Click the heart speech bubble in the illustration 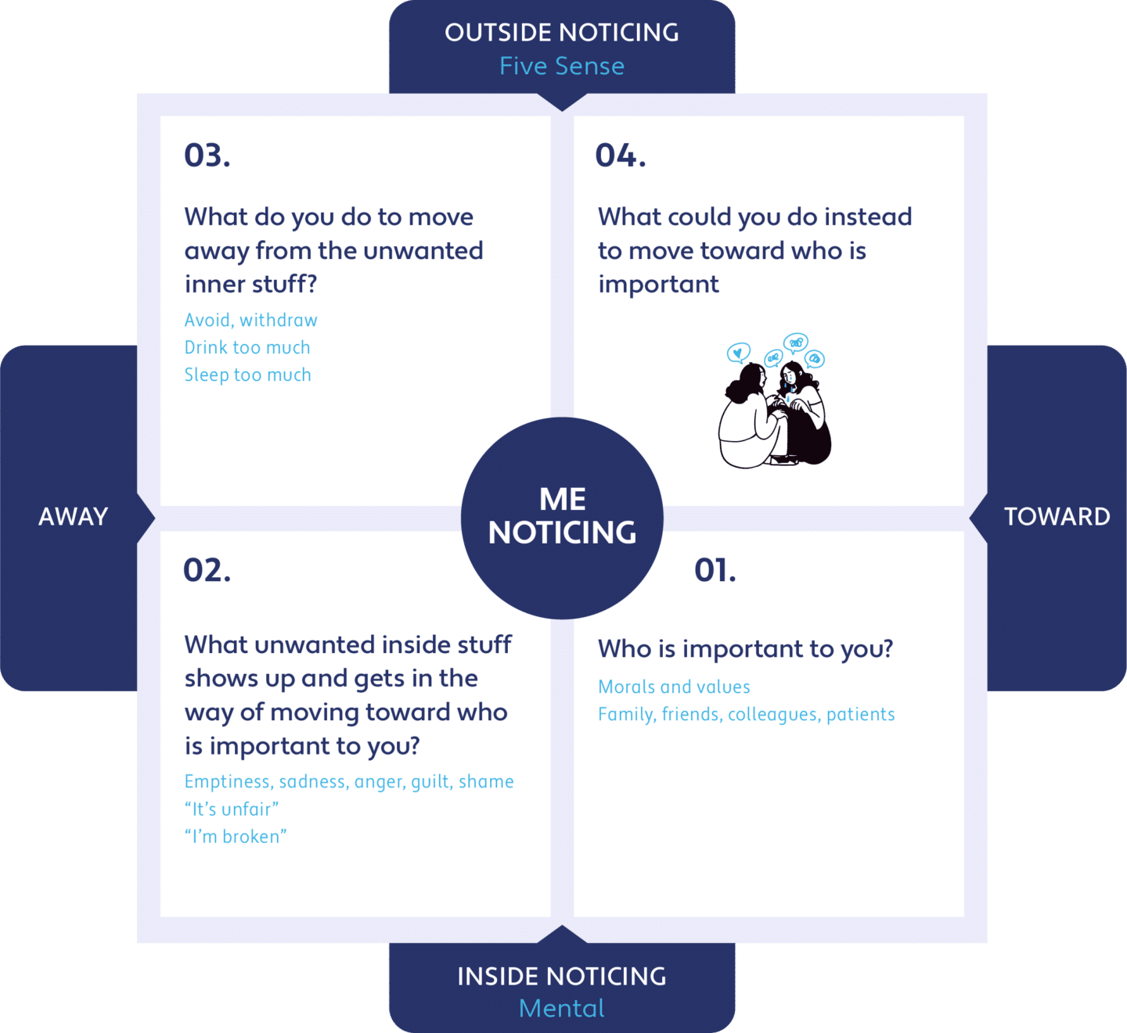coord(738,353)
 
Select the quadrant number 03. coord(207,156)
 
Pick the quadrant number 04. coord(621,156)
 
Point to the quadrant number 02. coord(207,570)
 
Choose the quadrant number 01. coord(715,570)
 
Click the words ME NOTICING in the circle coord(563,516)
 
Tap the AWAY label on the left coord(73,516)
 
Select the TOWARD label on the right coord(1057,516)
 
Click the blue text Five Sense coord(562,66)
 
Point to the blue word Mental coord(562,1008)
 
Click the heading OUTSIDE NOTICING coord(562,33)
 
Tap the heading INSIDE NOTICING coord(562,976)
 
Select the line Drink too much coord(247,347)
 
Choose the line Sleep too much coord(248,375)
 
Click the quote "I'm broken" coord(236,837)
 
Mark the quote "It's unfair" coord(232,809)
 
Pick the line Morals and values coord(674,687)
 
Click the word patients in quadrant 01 coord(860,715)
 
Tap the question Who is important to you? coord(746,649)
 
